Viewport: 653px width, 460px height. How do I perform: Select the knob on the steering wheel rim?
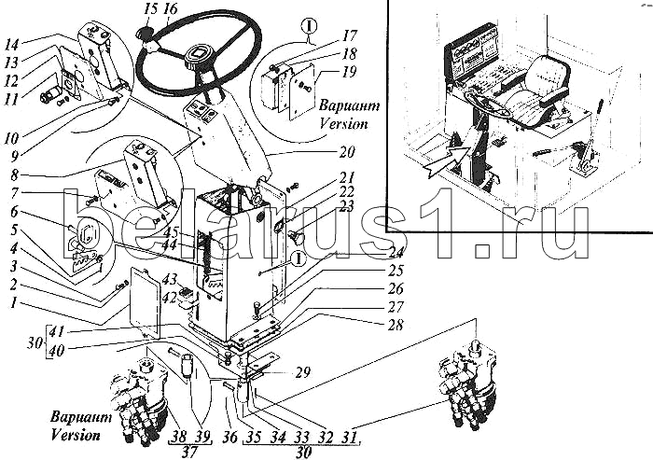(x=147, y=36)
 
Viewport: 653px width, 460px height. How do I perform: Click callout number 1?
(x=11, y=303)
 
